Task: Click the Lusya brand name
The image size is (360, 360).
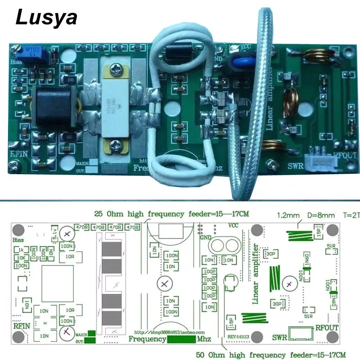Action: point(47,18)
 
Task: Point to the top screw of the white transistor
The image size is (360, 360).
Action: point(117,70)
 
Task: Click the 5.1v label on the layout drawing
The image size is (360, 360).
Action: point(54,234)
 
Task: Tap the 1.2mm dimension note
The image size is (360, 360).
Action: point(286,216)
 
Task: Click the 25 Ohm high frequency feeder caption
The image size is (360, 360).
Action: point(171,214)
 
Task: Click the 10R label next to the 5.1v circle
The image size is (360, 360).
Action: point(70,256)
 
